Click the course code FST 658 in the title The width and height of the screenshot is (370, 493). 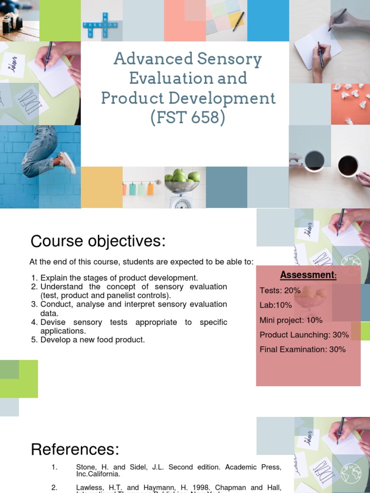coord(188,118)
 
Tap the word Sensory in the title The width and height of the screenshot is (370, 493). coord(226,59)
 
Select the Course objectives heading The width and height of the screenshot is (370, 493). coord(98,241)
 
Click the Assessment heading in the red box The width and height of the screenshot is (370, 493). coord(308,275)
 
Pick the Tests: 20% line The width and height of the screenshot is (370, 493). coord(280,290)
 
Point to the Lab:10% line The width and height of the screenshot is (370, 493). coord(276,305)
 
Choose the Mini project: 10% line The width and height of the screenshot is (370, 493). coord(291,320)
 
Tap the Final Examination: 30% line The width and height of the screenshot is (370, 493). coord(303,350)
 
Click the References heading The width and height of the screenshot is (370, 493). coord(75,449)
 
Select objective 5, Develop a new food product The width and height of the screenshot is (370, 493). coord(92,339)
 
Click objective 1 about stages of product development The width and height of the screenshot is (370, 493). coord(119,278)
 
